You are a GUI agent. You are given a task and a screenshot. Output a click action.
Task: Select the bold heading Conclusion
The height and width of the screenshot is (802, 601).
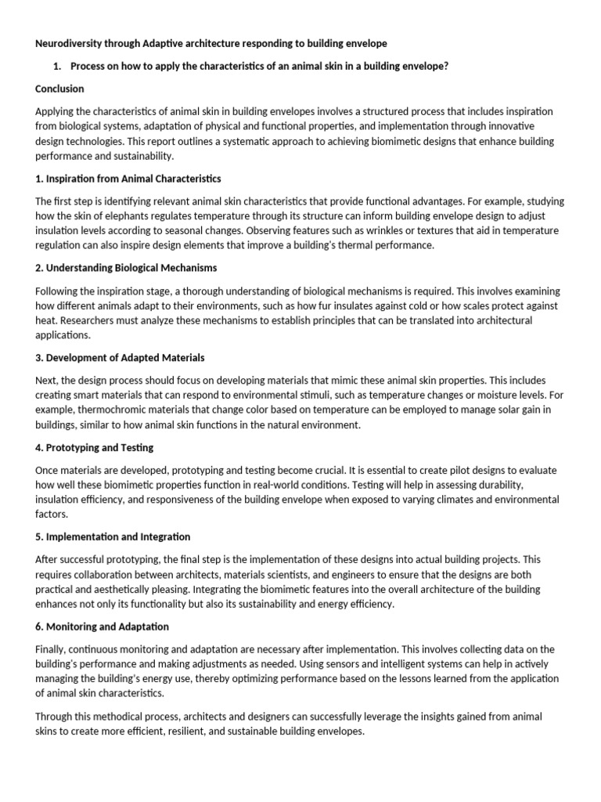click(x=59, y=89)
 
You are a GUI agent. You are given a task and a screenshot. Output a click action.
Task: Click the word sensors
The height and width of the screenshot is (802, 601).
click(x=354, y=664)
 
